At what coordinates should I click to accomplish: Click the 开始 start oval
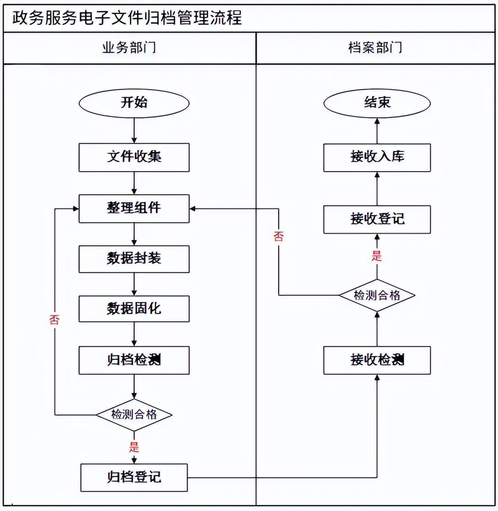134,103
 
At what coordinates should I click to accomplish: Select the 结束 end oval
377,103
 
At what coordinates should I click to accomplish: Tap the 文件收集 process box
134,157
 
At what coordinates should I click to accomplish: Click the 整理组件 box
134,208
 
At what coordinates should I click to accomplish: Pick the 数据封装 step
134,259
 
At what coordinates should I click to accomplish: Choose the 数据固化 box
134,309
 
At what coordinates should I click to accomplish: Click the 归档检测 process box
134,360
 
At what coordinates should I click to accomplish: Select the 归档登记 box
134,478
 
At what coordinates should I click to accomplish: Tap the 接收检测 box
377,360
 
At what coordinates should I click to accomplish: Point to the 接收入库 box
377,157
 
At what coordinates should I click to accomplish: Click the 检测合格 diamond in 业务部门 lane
134,414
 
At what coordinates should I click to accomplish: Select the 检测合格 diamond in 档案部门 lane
377,295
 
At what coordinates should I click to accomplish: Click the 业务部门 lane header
129,48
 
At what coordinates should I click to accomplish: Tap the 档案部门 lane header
376,48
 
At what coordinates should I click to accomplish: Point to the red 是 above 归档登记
134,446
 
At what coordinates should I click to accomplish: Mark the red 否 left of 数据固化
54,320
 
